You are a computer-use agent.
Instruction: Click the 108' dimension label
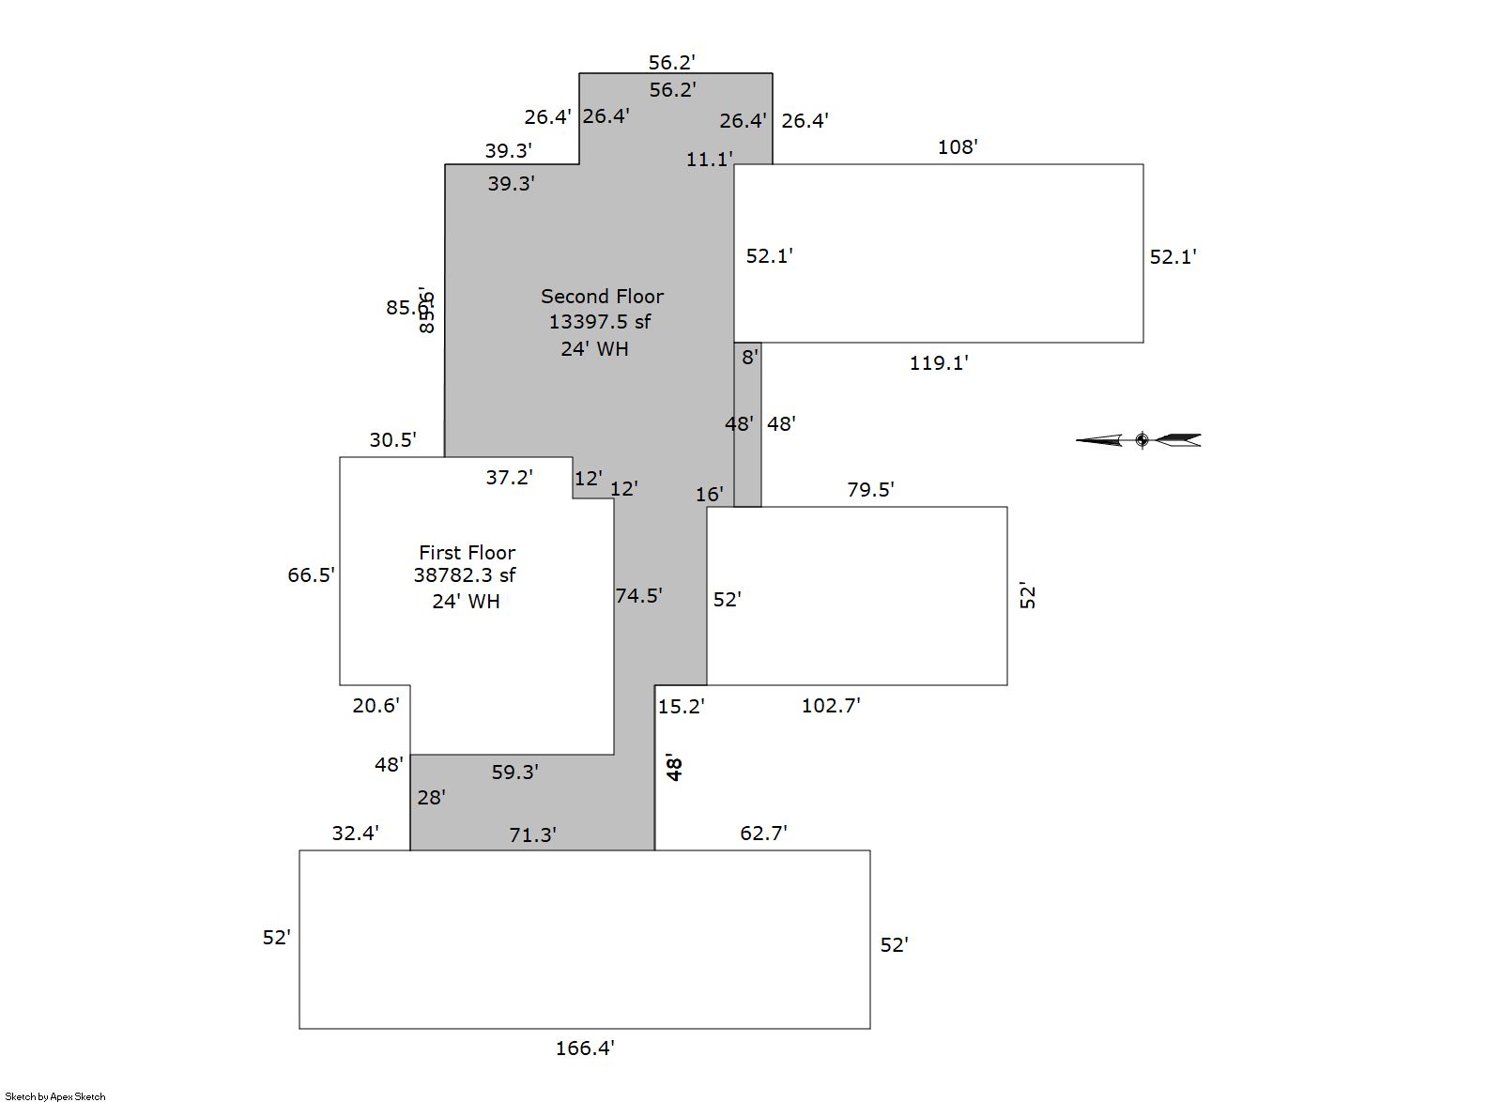pyautogui.click(x=957, y=147)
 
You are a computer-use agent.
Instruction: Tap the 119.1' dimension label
pyautogui.click(x=938, y=363)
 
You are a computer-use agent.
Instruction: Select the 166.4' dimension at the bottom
pyautogui.click(x=584, y=1048)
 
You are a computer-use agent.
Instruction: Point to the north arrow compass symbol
pyautogui.click(x=1140, y=439)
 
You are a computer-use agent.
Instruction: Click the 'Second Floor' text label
pyautogui.click(x=602, y=297)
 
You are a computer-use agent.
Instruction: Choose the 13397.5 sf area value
pyautogui.click(x=599, y=322)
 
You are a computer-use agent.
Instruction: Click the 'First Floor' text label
pyautogui.click(x=467, y=553)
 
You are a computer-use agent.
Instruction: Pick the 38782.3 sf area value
pyautogui.click(x=465, y=575)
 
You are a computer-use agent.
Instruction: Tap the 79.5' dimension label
pyautogui.click(x=870, y=490)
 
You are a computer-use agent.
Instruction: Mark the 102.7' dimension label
pyautogui.click(x=830, y=706)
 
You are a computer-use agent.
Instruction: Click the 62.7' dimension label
pyautogui.click(x=762, y=834)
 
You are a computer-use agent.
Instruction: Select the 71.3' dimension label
pyautogui.click(x=532, y=835)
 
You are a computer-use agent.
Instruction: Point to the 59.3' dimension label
pyautogui.click(x=514, y=773)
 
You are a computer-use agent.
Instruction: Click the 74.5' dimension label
pyautogui.click(x=638, y=596)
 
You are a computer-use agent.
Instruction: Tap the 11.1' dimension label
pyautogui.click(x=709, y=160)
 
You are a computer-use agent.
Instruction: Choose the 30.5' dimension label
pyautogui.click(x=392, y=440)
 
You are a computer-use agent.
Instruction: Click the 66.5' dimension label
pyautogui.click(x=311, y=575)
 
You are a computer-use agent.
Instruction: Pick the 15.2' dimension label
pyautogui.click(x=681, y=707)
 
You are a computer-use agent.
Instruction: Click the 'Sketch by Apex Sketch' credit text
pyautogui.click(x=54, y=1095)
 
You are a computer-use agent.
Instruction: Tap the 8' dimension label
pyautogui.click(x=749, y=358)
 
